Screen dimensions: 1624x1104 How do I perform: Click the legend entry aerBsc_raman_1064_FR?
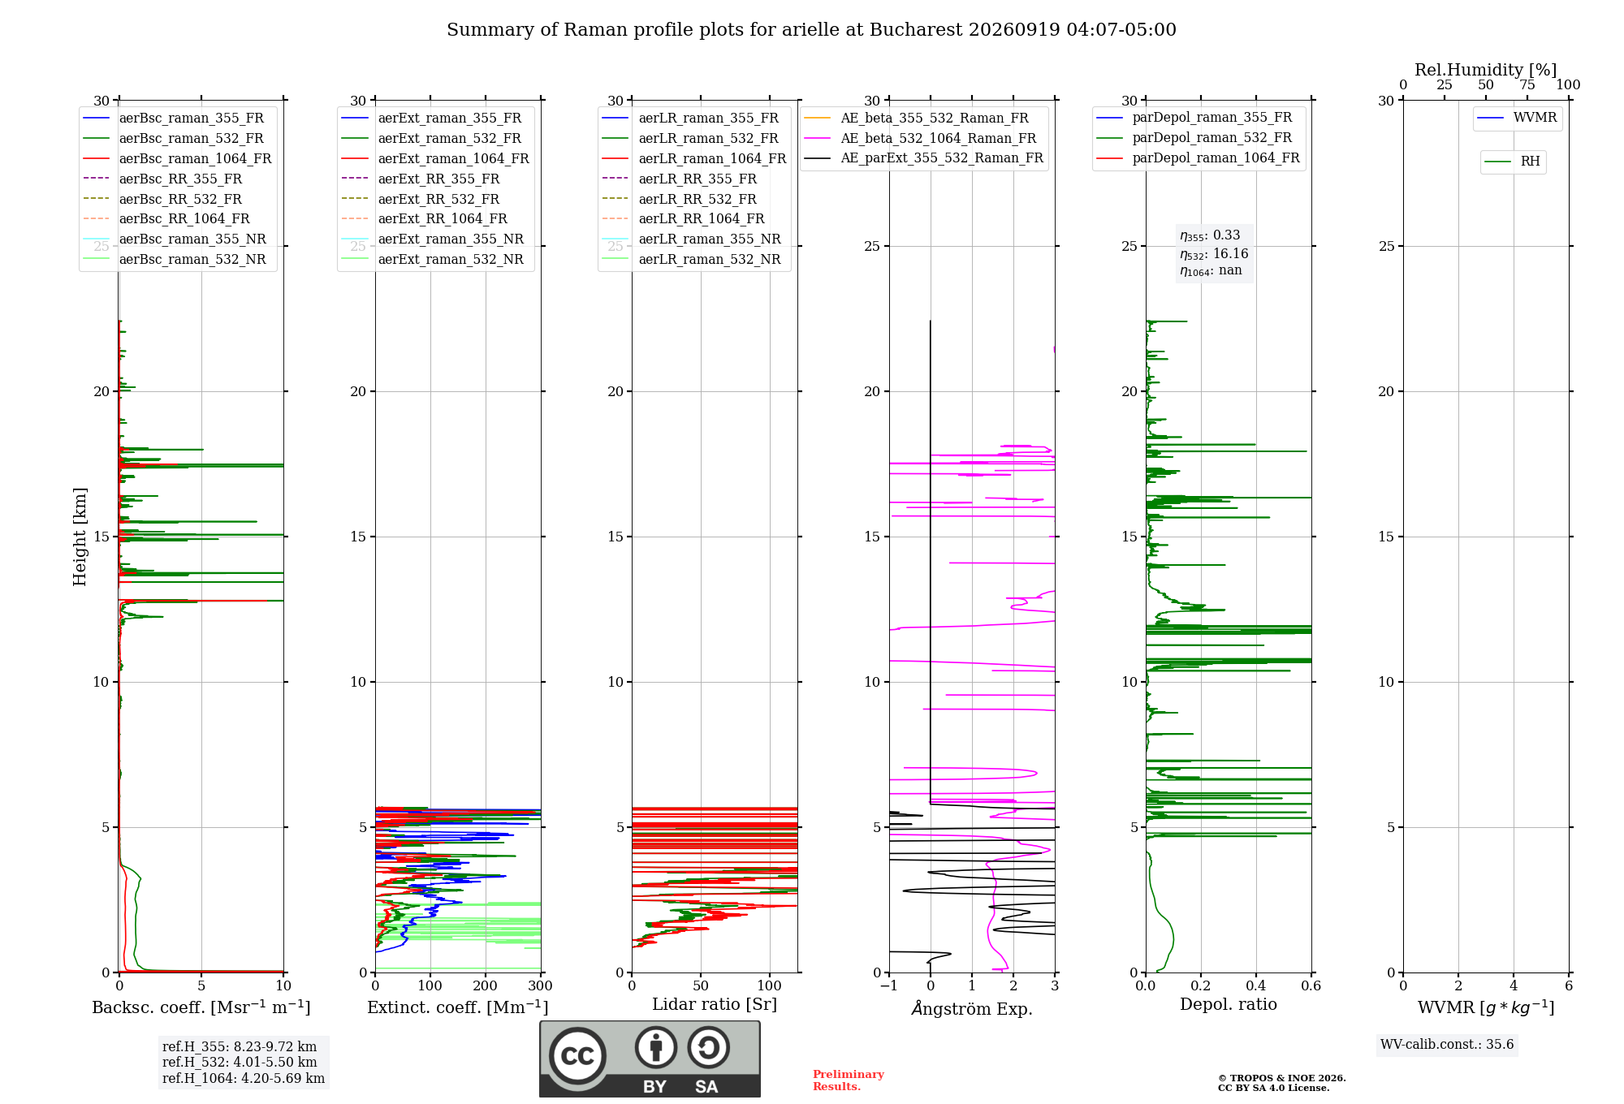click(178, 158)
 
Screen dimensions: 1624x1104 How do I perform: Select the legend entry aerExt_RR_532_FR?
click(421, 199)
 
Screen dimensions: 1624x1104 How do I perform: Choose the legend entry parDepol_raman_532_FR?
click(1194, 138)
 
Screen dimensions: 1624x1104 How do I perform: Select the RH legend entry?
click(1513, 162)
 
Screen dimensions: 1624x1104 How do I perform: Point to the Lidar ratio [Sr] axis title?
click(715, 1004)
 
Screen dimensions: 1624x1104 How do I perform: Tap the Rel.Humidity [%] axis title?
click(1486, 70)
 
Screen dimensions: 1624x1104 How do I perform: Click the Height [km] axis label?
click(80, 537)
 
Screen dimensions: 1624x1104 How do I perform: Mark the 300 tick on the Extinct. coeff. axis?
click(541, 985)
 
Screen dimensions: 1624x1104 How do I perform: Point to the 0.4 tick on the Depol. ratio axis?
click(1256, 985)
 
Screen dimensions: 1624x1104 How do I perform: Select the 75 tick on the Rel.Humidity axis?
click(1527, 85)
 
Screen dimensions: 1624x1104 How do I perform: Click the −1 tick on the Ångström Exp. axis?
click(889, 985)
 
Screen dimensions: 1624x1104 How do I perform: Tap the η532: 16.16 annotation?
click(1214, 254)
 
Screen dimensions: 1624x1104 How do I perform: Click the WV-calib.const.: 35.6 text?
click(1447, 1044)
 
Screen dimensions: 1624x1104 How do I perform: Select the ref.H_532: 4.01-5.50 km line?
click(240, 1062)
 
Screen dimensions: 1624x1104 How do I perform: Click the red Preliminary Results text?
click(849, 1080)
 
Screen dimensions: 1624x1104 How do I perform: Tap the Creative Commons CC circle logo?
click(577, 1055)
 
